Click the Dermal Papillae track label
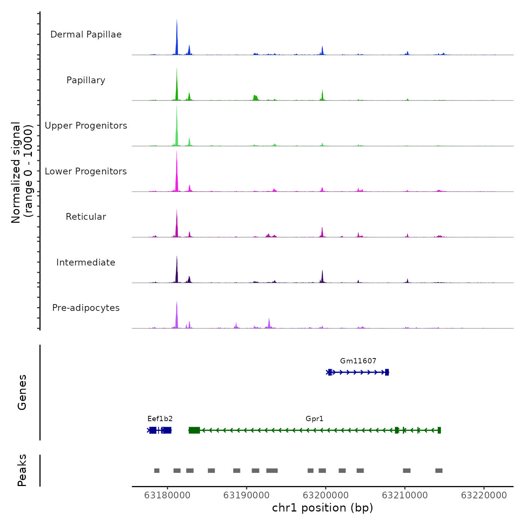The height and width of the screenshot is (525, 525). pos(86,34)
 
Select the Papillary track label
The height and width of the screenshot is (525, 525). pos(86,80)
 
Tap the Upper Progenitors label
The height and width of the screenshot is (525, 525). pos(86,126)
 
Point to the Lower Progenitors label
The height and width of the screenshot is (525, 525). pos(86,171)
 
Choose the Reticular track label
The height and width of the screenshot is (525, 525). pos(86,217)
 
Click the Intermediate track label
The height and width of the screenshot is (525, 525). pos(86,262)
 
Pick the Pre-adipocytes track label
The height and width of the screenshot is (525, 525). pos(86,308)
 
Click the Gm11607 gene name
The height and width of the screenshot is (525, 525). pos(358,361)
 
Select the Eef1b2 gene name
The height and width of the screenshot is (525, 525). pos(160,418)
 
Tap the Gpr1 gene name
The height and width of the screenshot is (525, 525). pos(314,418)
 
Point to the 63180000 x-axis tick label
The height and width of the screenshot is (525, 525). pos(167,495)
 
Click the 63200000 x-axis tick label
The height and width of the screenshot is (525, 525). pos(325,495)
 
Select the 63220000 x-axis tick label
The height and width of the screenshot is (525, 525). pos(484,495)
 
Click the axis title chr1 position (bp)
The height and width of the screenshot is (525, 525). pos(322,508)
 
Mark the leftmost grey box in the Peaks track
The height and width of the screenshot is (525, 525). pos(157,471)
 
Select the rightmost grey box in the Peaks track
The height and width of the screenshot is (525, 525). pos(439,471)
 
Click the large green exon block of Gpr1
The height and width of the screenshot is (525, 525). pos(194,430)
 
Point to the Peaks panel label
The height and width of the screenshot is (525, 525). pos(22,470)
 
